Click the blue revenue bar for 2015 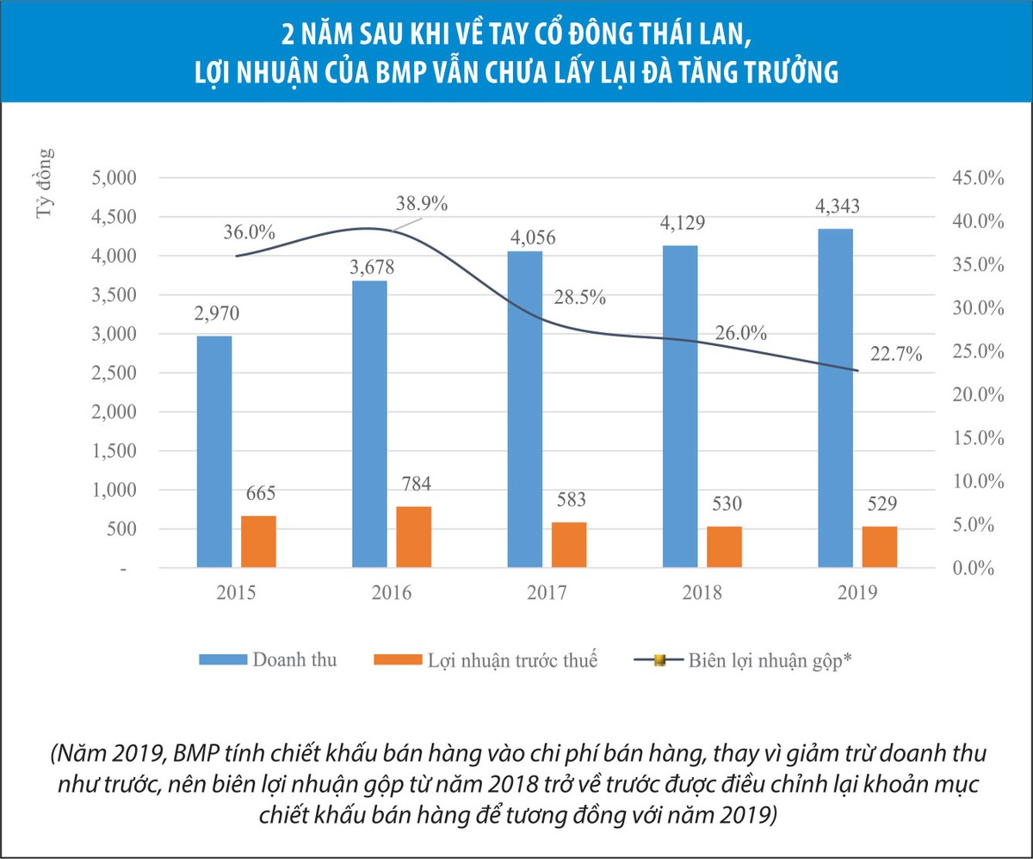(214, 451)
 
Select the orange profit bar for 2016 (413, 537)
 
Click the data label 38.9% (422, 204)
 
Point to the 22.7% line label (895, 353)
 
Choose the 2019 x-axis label (857, 593)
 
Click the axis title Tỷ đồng (45, 184)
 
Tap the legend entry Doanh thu (294, 660)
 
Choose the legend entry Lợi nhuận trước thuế (510, 660)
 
